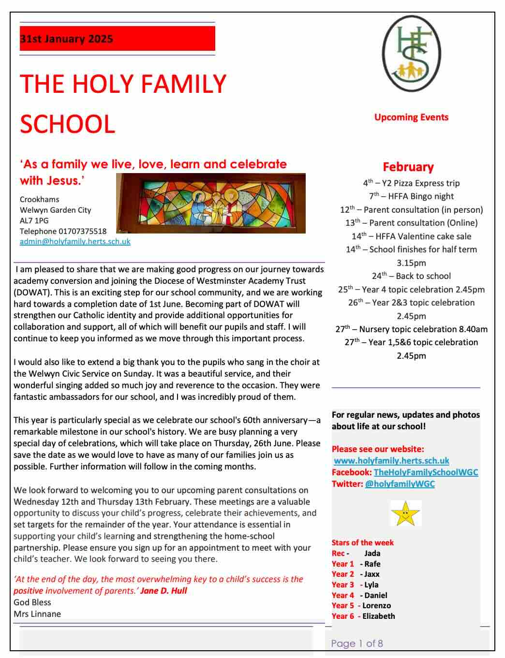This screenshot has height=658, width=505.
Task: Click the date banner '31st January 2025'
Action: click(117, 39)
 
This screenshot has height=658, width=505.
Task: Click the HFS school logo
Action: click(411, 53)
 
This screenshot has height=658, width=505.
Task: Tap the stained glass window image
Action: click(211, 203)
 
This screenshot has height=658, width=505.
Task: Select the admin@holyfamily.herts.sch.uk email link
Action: click(75, 241)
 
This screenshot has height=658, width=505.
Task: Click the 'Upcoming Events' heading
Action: click(411, 117)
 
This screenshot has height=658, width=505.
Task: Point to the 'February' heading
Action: click(408, 167)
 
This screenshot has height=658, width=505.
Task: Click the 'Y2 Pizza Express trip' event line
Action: click(412, 183)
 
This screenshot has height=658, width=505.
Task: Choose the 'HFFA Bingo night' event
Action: click(412, 196)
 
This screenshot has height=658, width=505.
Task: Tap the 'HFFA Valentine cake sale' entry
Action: click(412, 236)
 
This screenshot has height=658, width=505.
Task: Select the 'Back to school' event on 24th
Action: click(412, 276)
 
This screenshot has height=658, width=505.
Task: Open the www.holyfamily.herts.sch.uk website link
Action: click(391, 461)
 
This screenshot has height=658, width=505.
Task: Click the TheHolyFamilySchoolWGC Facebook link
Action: click(426, 472)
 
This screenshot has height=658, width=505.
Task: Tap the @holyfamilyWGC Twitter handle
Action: click(400, 484)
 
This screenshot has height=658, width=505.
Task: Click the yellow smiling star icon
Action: click(405, 513)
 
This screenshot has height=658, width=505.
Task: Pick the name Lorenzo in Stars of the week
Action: click(376, 606)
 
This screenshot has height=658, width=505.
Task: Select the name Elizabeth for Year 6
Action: click(378, 616)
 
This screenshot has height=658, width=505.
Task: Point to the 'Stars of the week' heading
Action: click(362, 542)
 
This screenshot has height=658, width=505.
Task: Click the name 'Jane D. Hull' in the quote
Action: click(163, 591)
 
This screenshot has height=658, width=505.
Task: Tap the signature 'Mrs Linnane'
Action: click(37, 614)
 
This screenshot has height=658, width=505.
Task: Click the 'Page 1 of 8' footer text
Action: click(357, 643)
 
